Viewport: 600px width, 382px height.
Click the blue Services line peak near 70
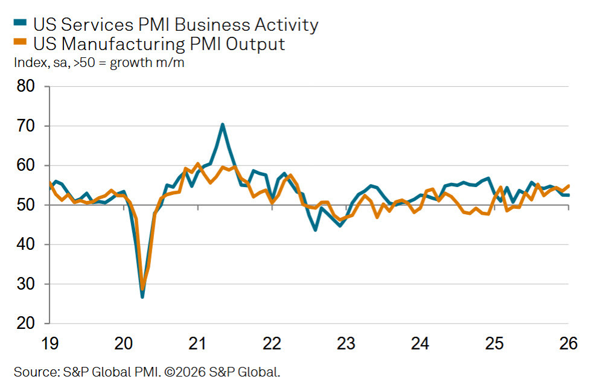tap(222, 124)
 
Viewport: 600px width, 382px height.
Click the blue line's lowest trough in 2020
tap(142, 296)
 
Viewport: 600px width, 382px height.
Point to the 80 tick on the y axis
tap(26, 86)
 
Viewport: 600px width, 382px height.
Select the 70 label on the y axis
tap(26, 126)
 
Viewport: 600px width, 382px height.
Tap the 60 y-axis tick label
tap(26, 165)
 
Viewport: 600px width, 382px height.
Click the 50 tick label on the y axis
tap(26, 205)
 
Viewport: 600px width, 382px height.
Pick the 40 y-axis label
tap(26, 244)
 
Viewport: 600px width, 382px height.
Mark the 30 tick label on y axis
tap(26, 284)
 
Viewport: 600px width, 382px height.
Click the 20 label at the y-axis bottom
tap(26, 323)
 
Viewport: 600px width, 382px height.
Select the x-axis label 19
tap(49, 344)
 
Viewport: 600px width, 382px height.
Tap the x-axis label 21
tap(198, 344)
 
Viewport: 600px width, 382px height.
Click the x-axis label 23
tap(346, 344)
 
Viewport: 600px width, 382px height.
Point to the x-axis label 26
tap(568, 344)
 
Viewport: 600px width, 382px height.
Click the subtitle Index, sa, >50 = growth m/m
tap(98, 62)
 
